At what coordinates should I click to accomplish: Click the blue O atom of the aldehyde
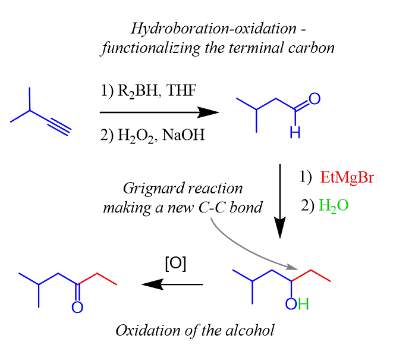pos(316,99)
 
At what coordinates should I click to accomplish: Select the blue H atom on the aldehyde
pos(295,134)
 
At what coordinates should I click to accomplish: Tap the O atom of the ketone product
pos(77,307)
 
